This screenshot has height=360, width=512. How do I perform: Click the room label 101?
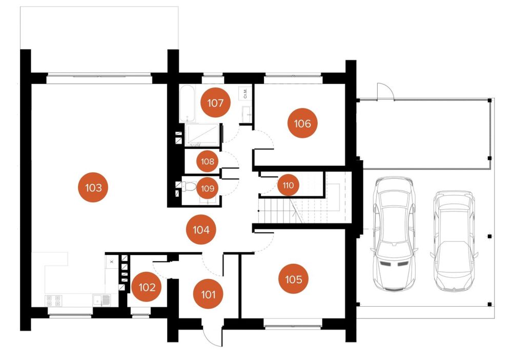click(208, 294)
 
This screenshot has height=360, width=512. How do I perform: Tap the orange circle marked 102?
click(147, 287)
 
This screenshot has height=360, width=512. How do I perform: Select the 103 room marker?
click(93, 187)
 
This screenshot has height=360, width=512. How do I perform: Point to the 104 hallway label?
click(201, 229)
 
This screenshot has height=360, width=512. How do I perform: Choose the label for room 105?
click(293, 279)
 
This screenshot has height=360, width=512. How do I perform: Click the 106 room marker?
click(302, 123)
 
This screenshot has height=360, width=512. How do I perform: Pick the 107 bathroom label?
click(215, 103)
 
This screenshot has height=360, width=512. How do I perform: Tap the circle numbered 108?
click(208, 161)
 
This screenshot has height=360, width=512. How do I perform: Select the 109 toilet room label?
click(208, 188)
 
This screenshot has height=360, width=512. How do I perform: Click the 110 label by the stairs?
click(288, 185)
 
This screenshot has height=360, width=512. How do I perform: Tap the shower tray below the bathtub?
click(202, 135)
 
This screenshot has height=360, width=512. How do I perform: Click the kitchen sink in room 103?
click(101, 299)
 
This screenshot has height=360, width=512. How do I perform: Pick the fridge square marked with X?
click(112, 262)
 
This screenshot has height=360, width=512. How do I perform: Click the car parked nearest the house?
click(394, 234)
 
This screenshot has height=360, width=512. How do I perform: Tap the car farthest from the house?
click(454, 241)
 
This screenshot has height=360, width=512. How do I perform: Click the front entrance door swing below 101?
click(212, 335)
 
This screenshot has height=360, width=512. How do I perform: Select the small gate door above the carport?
click(385, 91)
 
